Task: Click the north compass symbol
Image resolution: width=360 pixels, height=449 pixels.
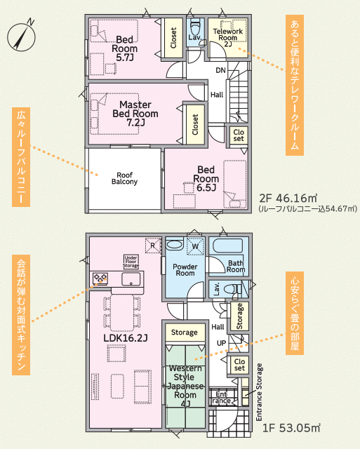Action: click(22, 37)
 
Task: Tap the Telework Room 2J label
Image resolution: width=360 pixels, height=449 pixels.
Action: click(228, 37)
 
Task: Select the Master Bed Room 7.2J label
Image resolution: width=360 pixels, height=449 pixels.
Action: click(135, 114)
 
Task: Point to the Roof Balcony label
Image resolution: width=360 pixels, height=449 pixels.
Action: click(125, 178)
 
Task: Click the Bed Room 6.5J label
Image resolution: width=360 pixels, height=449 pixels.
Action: click(206, 179)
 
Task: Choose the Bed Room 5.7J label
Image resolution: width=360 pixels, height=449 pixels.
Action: click(125, 48)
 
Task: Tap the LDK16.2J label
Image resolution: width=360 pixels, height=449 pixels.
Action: click(126, 338)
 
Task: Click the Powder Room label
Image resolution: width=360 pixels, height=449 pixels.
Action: click(185, 269)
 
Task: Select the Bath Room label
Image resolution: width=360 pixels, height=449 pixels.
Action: click(236, 267)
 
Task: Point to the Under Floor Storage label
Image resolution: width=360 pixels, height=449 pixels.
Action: click(131, 262)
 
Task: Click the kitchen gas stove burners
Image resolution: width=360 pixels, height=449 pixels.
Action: click(100, 279)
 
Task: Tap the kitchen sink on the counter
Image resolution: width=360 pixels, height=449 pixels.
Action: click(131, 279)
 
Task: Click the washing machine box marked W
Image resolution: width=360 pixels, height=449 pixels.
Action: click(195, 246)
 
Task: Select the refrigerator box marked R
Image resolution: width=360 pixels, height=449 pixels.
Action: click(153, 246)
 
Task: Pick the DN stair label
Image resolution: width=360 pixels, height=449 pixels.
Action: click(220, 70)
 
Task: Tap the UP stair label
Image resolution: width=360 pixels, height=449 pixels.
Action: click(221, 343)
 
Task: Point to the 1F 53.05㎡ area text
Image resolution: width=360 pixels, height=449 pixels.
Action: click(291, 428)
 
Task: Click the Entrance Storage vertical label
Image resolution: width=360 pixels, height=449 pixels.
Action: click(259, 392)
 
